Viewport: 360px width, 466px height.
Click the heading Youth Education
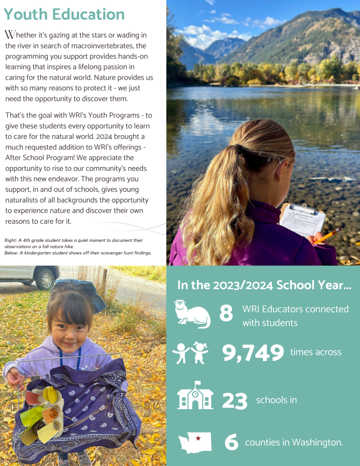click(x=64, y=15)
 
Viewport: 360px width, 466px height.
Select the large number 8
click(x=226, y=314)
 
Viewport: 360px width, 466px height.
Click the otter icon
click(x=193, y=314)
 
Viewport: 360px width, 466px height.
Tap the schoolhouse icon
click(x=195, y=397)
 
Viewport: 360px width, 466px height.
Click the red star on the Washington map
click(x=198, y=439)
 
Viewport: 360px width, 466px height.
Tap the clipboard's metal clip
click(x=304, y=210)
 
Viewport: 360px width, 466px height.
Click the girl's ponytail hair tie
click(x=238, y=149)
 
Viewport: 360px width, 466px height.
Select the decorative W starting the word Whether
click(x=9, y=35)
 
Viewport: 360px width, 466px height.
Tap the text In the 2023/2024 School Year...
click(x=264, y=286)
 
